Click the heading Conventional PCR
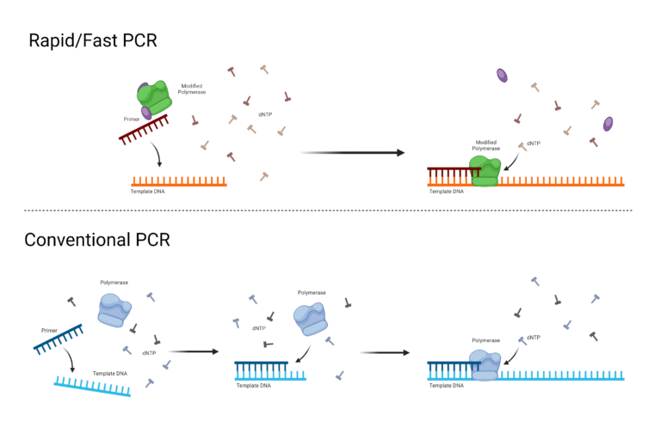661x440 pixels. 97,240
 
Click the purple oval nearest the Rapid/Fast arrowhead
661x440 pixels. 502,76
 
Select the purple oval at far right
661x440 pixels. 608,124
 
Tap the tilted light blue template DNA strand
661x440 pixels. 92,388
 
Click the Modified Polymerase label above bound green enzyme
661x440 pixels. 486,145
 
